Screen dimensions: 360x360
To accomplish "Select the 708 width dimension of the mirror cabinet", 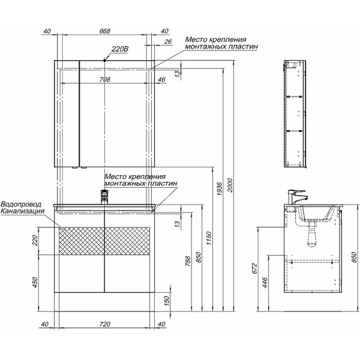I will pyautogui.click(x=105, y=79).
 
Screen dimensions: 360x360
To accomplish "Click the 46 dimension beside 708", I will pyautogui.click(x=161, y=79).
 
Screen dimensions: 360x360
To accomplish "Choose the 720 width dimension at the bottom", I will pyautogui.click(x=105, y=325).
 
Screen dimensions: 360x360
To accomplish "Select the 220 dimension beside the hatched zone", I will pyautogui.click(x=34, y=241).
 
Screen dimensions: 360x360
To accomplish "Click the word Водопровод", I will pyautogui.click(x=23, y=204).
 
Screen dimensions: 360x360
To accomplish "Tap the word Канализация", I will pyautogui.click(x=23, y=211).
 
